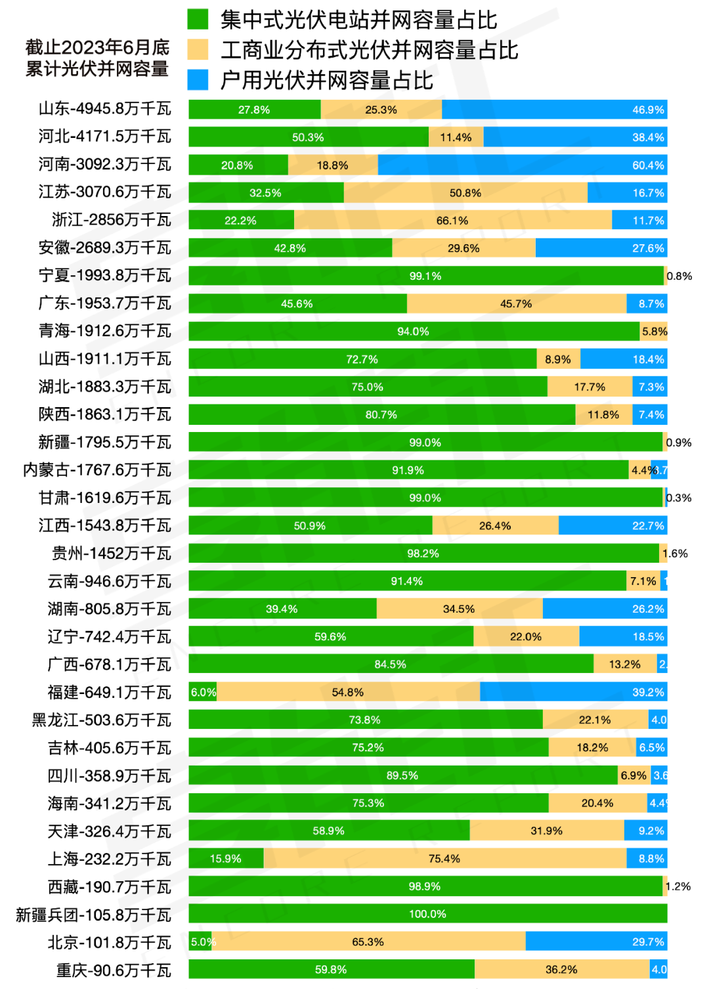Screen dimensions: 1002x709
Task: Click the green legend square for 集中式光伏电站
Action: tap(198, 19)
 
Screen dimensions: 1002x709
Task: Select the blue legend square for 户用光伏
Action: tap(198, 79)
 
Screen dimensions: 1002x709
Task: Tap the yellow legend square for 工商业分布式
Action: tap(198, 49)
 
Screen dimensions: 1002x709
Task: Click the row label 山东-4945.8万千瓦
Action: tap(104, 109)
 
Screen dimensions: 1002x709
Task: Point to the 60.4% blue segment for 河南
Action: tap(523, 165)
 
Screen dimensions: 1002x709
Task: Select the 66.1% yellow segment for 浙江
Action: tap(453, 220)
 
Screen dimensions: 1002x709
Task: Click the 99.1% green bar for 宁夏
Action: tap(425, 276)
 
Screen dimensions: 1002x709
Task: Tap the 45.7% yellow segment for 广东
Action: tap(516, 303)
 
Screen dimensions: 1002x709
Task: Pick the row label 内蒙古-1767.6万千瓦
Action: tap(97, 470)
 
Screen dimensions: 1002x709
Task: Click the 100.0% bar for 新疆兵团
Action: tap(427, 913)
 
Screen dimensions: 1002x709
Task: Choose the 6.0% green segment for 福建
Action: tap(202, 692)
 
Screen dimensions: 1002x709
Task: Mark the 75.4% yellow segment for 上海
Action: tap(444, 858)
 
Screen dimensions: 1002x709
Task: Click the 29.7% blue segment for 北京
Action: tap(596, 942)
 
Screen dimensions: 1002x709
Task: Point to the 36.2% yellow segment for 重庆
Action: tap(561, 969)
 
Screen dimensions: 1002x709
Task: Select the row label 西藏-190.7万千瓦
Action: tap(109, 887)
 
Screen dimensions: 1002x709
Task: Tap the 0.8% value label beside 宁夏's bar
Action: tap(679, 276)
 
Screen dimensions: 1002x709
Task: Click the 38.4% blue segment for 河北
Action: tap(575, 137)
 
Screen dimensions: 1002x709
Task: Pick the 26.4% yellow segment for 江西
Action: tap(495, 525)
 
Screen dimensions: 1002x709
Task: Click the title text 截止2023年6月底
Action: tap(97, 48)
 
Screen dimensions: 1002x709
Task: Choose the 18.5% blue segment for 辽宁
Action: tap(623, 636)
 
